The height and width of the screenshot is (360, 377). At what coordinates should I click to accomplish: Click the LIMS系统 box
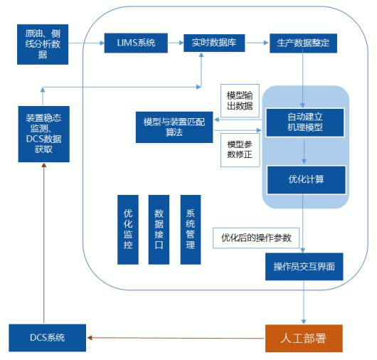(136, 43)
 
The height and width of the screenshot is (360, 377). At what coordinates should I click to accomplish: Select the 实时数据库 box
(214, 43)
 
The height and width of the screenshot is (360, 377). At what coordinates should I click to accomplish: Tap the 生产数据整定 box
(303, 43)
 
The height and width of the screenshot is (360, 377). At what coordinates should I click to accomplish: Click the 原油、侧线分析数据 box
(43, 44)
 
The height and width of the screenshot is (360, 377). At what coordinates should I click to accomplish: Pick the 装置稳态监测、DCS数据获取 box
(44, 134)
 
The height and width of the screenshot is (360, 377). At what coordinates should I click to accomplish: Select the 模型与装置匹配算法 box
(174, 127)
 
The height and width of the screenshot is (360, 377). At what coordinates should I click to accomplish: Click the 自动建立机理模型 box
(305, 122)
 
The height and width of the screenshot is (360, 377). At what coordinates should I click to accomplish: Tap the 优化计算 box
(307, 179)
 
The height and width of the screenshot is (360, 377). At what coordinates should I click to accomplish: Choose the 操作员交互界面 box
(304, 267)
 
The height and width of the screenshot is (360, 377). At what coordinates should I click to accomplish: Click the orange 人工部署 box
(304, 338)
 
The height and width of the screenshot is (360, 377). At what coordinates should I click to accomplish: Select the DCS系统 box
(48, 338)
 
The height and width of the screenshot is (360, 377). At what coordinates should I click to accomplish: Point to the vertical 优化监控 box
(128, 230)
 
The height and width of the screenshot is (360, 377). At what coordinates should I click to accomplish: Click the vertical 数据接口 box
(159, 230)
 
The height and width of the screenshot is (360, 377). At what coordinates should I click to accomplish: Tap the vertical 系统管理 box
(191, 230)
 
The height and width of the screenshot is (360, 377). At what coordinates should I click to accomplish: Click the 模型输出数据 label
(240, 101)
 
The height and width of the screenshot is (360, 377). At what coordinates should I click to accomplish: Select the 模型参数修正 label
(240, 150)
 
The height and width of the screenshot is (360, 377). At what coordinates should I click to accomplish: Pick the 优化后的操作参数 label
(256, 238)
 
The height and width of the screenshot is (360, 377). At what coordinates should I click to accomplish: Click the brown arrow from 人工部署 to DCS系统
(176, 338)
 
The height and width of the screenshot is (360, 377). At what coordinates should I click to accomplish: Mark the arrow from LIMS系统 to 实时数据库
(176, 43)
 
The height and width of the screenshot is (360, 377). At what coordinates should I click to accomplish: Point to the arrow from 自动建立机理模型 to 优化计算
(304, 152)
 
